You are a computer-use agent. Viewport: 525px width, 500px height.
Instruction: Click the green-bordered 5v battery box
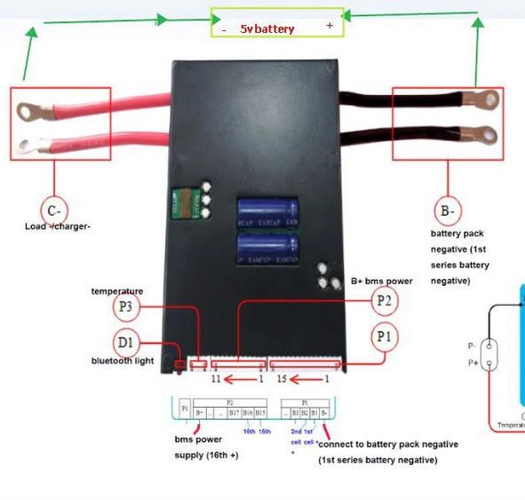(x=276, y=23)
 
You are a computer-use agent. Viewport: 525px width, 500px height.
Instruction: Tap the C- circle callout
(x=54, y=210)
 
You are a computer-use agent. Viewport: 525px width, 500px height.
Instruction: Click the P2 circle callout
(x=384, y=301)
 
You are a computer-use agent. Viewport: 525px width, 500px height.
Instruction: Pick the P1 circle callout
(x=384, y=337)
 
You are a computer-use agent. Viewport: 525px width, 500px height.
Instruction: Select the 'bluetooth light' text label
(x=123, y=361)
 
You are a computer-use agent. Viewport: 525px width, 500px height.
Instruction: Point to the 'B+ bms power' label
(x=381, y=281)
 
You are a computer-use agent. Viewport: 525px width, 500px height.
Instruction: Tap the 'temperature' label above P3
(x=116, y=291)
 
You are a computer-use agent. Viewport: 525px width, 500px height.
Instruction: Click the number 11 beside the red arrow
(x=216, y=379)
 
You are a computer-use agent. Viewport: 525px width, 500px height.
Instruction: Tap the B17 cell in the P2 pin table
(x=234, y=412)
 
